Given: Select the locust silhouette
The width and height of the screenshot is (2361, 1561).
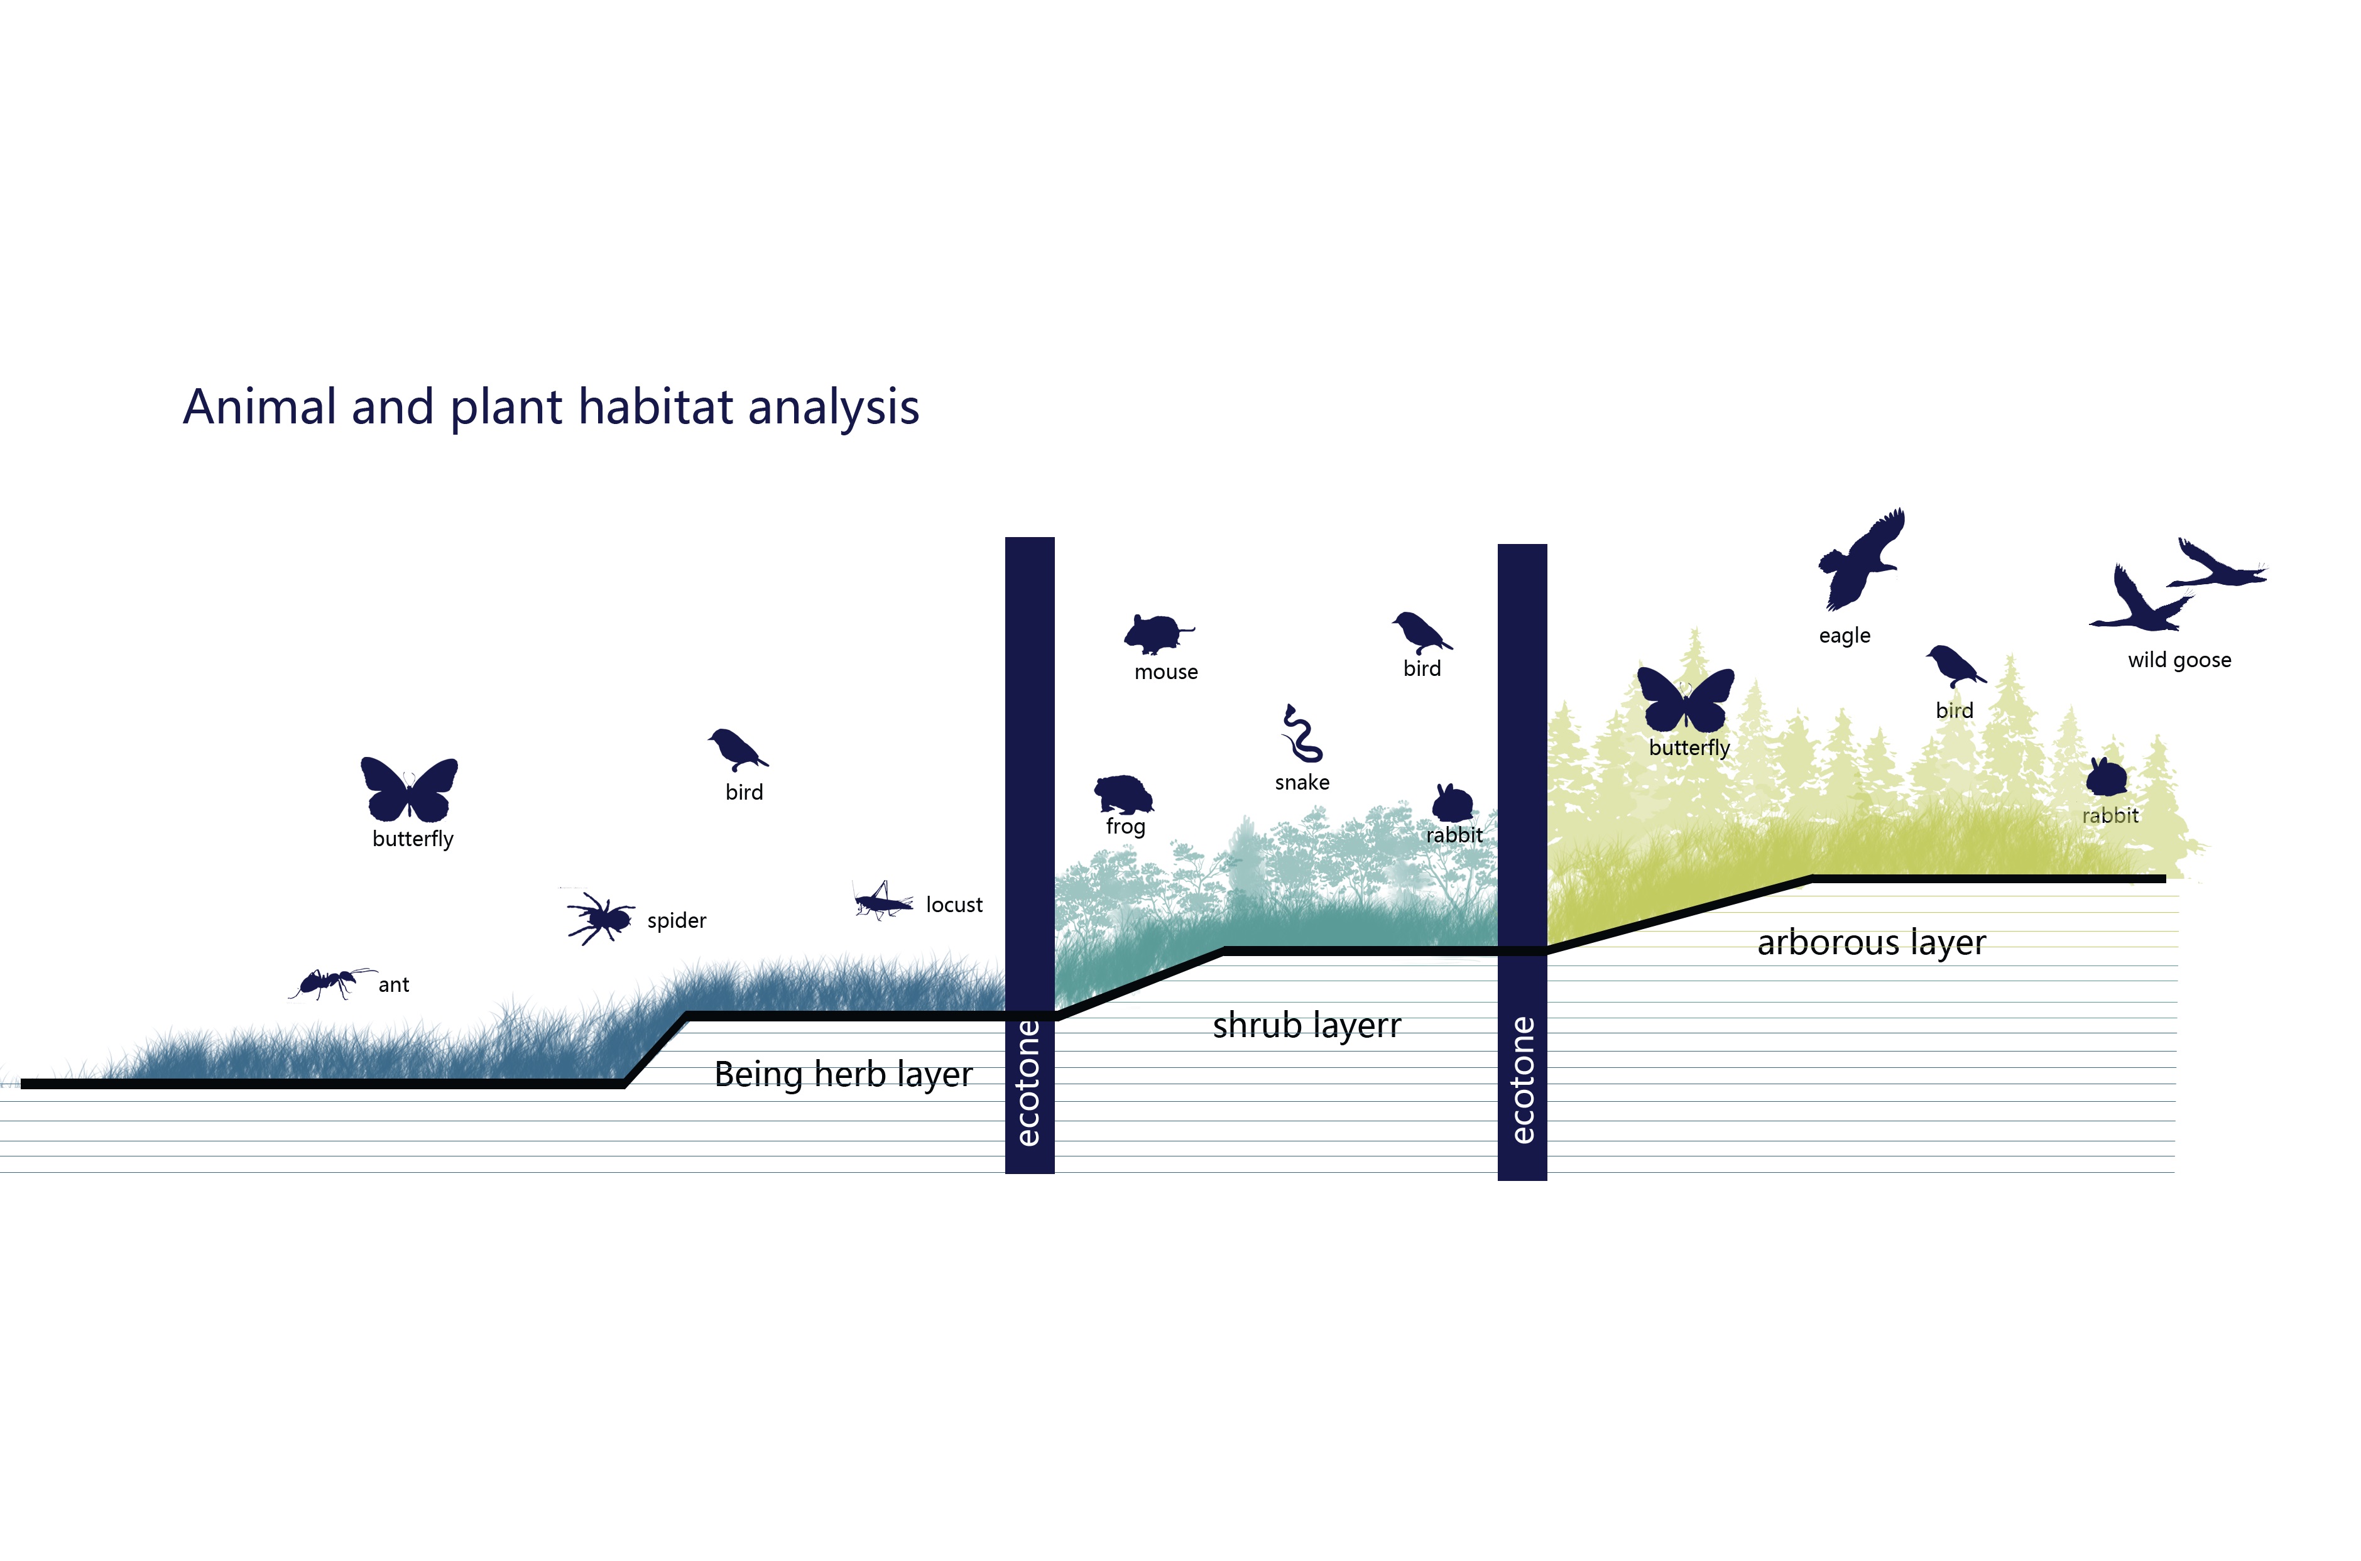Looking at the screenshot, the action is point(882,901).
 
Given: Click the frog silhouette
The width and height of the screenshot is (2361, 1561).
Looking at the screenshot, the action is point(1124,795).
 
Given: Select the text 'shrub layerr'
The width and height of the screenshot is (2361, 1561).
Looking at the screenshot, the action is point(1307,1025).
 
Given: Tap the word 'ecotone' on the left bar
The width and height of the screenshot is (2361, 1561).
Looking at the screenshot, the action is point(1028,1082).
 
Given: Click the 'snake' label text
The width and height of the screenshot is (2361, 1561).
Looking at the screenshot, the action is point(1302,783).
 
